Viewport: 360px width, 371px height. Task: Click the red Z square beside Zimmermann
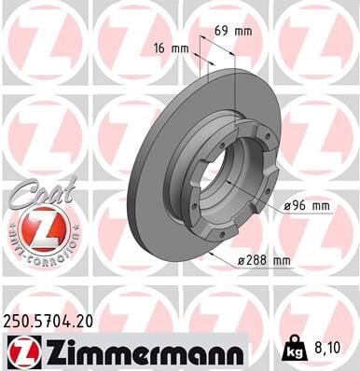coord(21,350)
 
